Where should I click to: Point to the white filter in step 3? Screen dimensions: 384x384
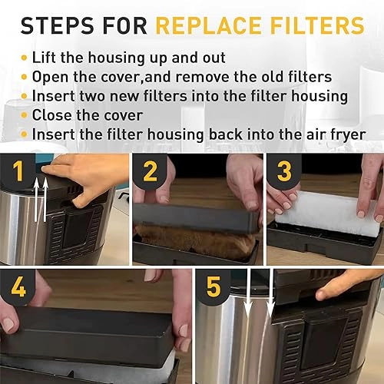pos(327,207)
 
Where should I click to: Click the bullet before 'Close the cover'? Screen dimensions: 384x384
pos(25,115)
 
